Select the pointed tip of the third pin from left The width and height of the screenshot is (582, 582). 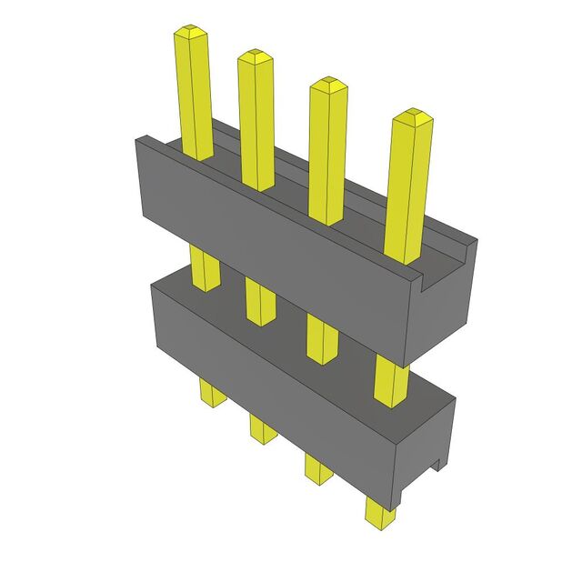[x=328, y=85]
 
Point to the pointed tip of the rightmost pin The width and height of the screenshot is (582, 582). [x=411, y=115]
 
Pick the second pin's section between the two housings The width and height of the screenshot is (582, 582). [x=260, y=301]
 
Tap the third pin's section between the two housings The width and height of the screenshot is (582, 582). [x=322, y=337]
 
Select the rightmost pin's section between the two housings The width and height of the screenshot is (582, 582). [x=391, y=377]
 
